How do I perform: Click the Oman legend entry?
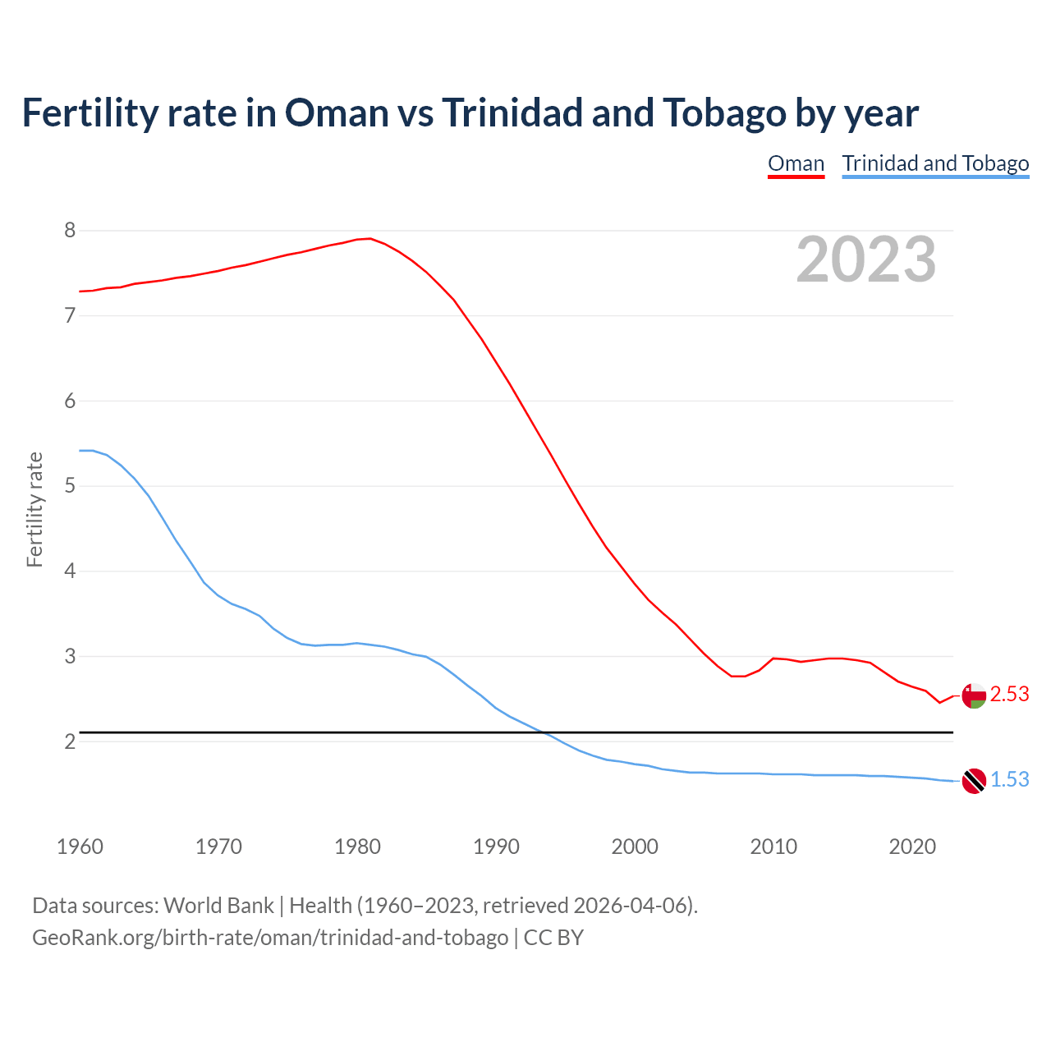pyautogui.click(x=796, y=163)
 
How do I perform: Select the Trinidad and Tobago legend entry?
pyautogui.click(x=935, y=163)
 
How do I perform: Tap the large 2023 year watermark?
pyautogui.click(x=865, y=259)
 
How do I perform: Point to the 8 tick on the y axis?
pyautogui.click(x=70, y=231)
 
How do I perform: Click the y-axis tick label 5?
pyautogui.click(x=70, y=486)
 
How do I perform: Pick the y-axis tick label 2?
pyautogui.click(x=70, y=741)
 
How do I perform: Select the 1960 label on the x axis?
pyautogui.click(x=80, y=847)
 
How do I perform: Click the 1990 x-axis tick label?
pyautogui.click(x=496, y=847)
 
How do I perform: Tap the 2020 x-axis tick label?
pyautogui.click(x=912, y=847)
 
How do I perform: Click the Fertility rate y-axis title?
pyautogui.click(x=34, y=509)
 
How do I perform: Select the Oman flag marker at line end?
pyautogui.click(x=974, y=695)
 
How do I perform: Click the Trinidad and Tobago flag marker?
pyautogui.click(x=974, y=781)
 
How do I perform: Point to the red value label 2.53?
pyautogui.click(x=1009, y=695)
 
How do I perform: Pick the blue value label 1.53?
pyautogui.click(x=1009, y=780)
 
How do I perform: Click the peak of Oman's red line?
pyautogui.click(x=370, y=239)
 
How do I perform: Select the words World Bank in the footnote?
pyautogui.click(x=218, y=906)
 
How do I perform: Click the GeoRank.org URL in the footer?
pyautogui.click(x=270, y=938)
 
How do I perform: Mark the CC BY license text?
pyautogui.click(x=553, y=938)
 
